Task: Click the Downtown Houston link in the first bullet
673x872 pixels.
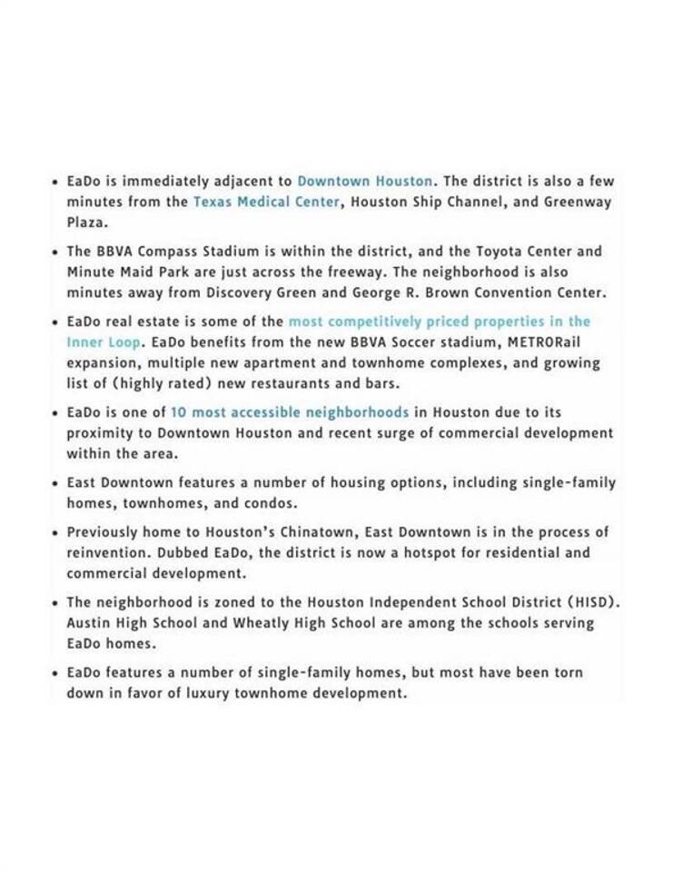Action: pos(365,181)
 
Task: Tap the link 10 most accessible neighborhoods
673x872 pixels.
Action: pos(290,412)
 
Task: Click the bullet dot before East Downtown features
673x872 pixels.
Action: pos(55,483)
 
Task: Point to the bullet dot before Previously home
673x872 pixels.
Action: pos(55,532)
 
